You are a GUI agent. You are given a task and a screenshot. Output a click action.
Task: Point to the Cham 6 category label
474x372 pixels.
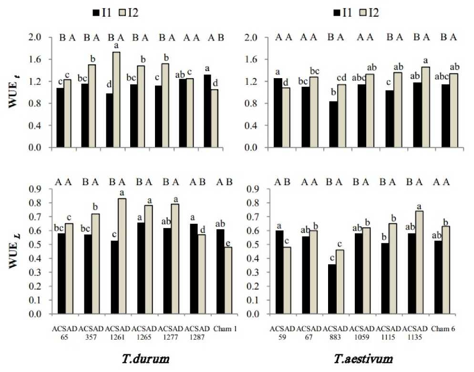(441, 329)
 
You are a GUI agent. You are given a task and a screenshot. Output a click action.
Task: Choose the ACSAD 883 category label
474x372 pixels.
(336, 332)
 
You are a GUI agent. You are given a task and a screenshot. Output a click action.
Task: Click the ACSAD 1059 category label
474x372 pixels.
(362, 332)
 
